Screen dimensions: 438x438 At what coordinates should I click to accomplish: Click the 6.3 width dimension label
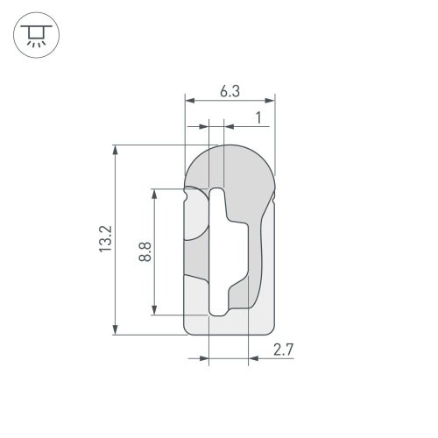click(x=230, y=91)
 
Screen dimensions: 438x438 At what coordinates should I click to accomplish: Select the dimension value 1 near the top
click(x=258, y=118)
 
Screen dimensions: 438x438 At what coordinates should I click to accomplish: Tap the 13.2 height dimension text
click(x=105, y=238)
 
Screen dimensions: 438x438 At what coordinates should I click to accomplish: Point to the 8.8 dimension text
click(x=145, y=251)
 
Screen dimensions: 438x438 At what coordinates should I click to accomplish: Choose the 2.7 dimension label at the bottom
click(x=283, y=350)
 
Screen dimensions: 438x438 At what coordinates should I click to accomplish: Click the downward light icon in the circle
click(x=36, y=35)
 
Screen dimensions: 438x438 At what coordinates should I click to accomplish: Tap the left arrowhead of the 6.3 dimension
click(x=190, y=101)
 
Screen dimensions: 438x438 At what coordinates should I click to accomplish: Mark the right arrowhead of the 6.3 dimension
click(x=270, y=101)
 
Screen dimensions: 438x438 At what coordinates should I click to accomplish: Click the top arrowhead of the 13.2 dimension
click(x=116, y=150)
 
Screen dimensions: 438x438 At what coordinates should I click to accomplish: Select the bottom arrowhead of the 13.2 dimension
click(x=116, y=330)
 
